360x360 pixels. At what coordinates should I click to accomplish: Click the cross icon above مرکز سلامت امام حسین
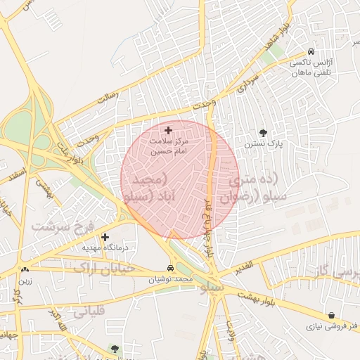[x=168, y=130]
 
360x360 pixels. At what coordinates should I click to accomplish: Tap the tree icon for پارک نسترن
[x=263, y=132]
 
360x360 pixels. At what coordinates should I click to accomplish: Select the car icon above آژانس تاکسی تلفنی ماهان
[x=311, y=51]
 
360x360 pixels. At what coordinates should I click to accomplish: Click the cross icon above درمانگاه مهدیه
[x=105, y=237]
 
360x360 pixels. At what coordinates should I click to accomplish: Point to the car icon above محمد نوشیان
[x=171, y=269]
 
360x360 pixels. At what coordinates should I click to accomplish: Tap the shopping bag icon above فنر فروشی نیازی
[x=331, y=315]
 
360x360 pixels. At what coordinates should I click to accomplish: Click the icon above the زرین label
[x=25, y=270]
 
